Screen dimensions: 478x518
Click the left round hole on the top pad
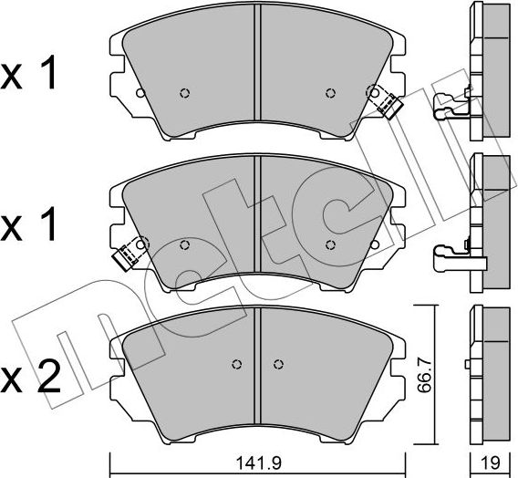tap(185, 92)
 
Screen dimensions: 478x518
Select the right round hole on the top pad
tap(329, 92)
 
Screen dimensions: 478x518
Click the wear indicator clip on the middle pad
tap(131, 250)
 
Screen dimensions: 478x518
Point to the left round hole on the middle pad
tap(185, 244)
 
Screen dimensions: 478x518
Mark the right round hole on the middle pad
tap(329, 244)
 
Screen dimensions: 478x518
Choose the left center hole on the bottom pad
tap(237, 365)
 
